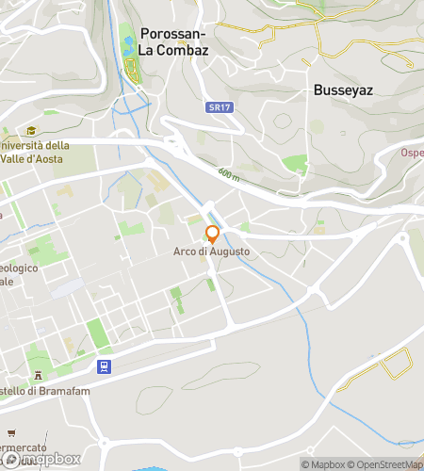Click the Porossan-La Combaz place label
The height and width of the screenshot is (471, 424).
[x=173, y=40]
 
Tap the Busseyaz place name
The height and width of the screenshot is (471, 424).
[x=346, y=91]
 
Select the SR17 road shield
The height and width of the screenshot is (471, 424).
[x=219, y=108]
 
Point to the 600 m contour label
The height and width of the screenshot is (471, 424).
[x=229, y=174]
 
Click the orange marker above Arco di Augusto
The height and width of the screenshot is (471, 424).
[x=213, y=234]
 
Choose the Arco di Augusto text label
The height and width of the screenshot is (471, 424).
[x=211, y=252]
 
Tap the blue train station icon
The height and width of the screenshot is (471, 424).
[x=104, y=366]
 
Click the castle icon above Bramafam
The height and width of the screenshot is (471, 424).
[x=39, y=379]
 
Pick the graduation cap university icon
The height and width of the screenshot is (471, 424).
[x=31, y=132]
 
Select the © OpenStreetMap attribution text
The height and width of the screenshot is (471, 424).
[x=387, y=463]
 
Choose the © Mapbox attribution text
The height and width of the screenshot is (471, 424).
[x=323, y=463]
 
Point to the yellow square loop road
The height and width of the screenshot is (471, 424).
[x=394, y=365]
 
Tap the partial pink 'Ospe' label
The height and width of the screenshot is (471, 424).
[x=412, y=153]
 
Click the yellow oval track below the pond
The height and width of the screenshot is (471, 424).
[x=132, y=69]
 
